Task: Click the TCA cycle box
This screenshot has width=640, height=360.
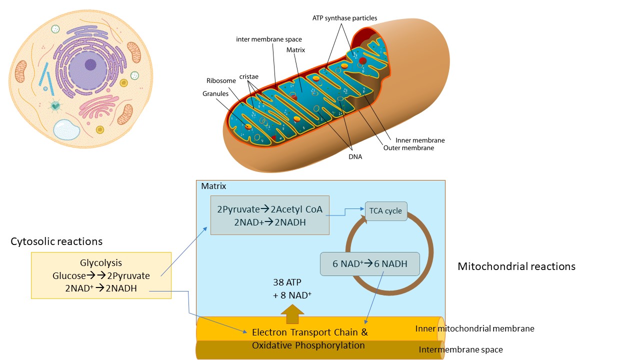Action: [x=386, y=211]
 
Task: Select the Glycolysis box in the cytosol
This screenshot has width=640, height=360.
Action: [x=101, y=275]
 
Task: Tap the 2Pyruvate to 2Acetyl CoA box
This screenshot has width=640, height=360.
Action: [x=270, y=215]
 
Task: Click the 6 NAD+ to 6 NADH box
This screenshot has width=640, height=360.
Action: [x=369, y=264]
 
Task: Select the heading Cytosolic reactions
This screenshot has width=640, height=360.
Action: [x=56, y=241]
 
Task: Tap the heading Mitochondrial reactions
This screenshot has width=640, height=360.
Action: [x=516, y=266]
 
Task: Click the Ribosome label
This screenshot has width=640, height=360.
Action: [x=221, y=80]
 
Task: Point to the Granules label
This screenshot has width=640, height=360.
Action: [x=215, y=93]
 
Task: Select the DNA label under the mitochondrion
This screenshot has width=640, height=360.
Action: [x=355, y=156]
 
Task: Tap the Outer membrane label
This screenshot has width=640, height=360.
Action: [x=408, y=148]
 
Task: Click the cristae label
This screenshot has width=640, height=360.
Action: [x=248, y=76]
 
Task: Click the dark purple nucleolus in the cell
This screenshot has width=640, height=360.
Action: [x=90, y=64]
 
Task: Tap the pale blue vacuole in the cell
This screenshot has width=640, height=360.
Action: [x=66, y=129]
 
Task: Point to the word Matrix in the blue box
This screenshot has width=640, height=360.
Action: [x=213, y=186]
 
